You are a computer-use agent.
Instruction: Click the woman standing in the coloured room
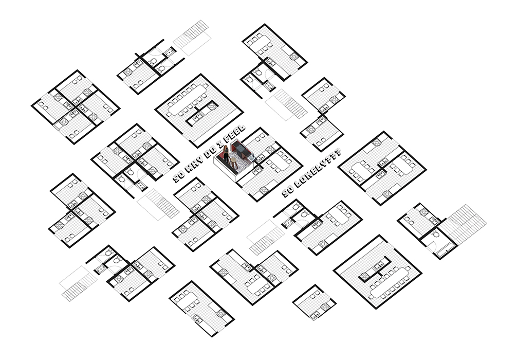pos(226,154)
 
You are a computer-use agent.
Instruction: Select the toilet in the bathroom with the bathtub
pos(436,233)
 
